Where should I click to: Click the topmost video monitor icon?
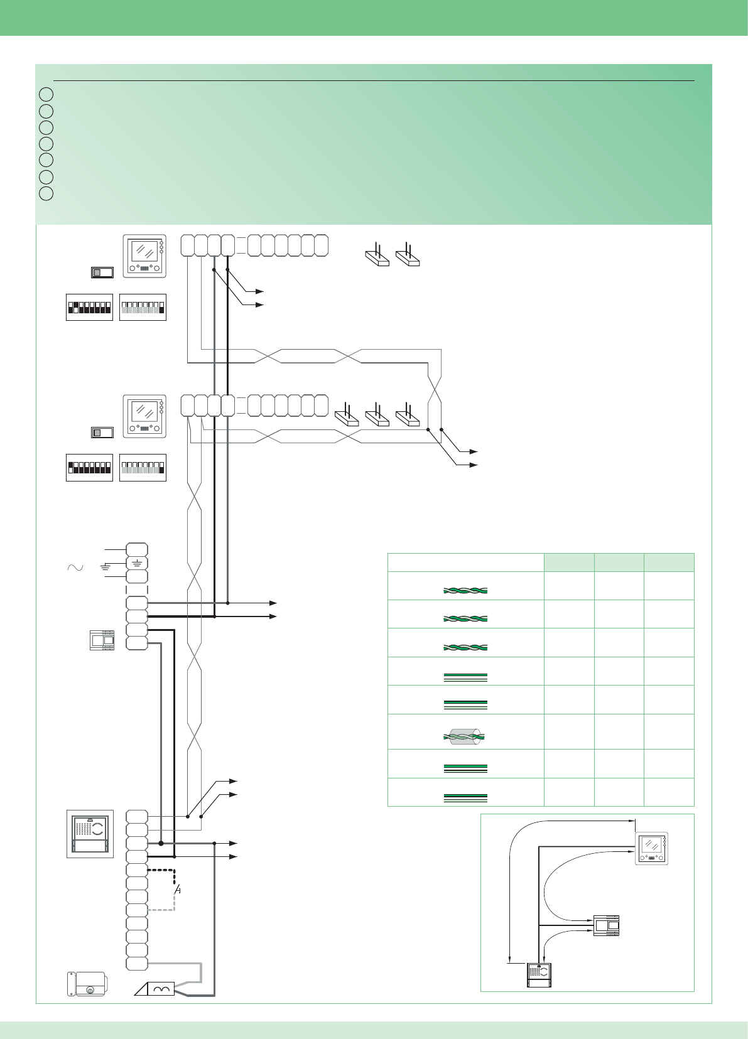pyautogui.click(x=144, y=256)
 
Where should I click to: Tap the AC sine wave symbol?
pyautogui.click(x=75, y=568)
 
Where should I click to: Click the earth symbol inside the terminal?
pyautogui.click(x=137, y=563)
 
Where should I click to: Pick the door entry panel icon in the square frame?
pyautogui.click(x=90, y=834)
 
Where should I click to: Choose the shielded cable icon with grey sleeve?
pyautogui.click(x=465, y=736)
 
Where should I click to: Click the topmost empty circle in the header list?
pyautogui.click(x=46, y=95)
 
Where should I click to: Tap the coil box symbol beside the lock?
pyautogui.click(x=161, y=989)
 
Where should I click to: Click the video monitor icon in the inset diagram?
pyautogui.click(x=651, y=849)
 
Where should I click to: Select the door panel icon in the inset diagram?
pyautogui.click(x=539, y=975)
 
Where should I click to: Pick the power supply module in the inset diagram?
pyautogui.click(x=606, y=926)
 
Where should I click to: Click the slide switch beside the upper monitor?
pyautogui.click(x=102, y=272)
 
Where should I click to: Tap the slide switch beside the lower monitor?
pyautogui.click(x=102, y=433)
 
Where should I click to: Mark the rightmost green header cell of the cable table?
pyautogui.click(x=669, y=562)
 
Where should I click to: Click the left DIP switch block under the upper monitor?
pyautogui.click(x=89, y=307)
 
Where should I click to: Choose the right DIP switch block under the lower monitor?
pyautogui.click(x=143, y=468)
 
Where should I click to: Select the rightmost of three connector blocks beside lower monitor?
pyautogui.click(x=408, y=417)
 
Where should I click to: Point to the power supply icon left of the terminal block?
pyautogui.click(x=102, y=640)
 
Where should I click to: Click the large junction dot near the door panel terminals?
pyautogui.click(x=161, y=844)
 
